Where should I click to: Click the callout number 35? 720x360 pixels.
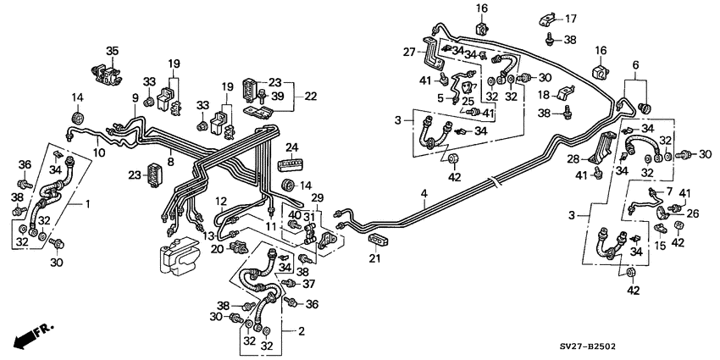(x=112, y=52)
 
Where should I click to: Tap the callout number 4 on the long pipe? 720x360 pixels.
(x=424, y=196)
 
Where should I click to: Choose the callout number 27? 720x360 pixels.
(x=409, y=53)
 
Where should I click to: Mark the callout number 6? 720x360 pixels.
(x=634, y=64)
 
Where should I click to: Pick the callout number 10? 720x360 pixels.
(x=99, y=153)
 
